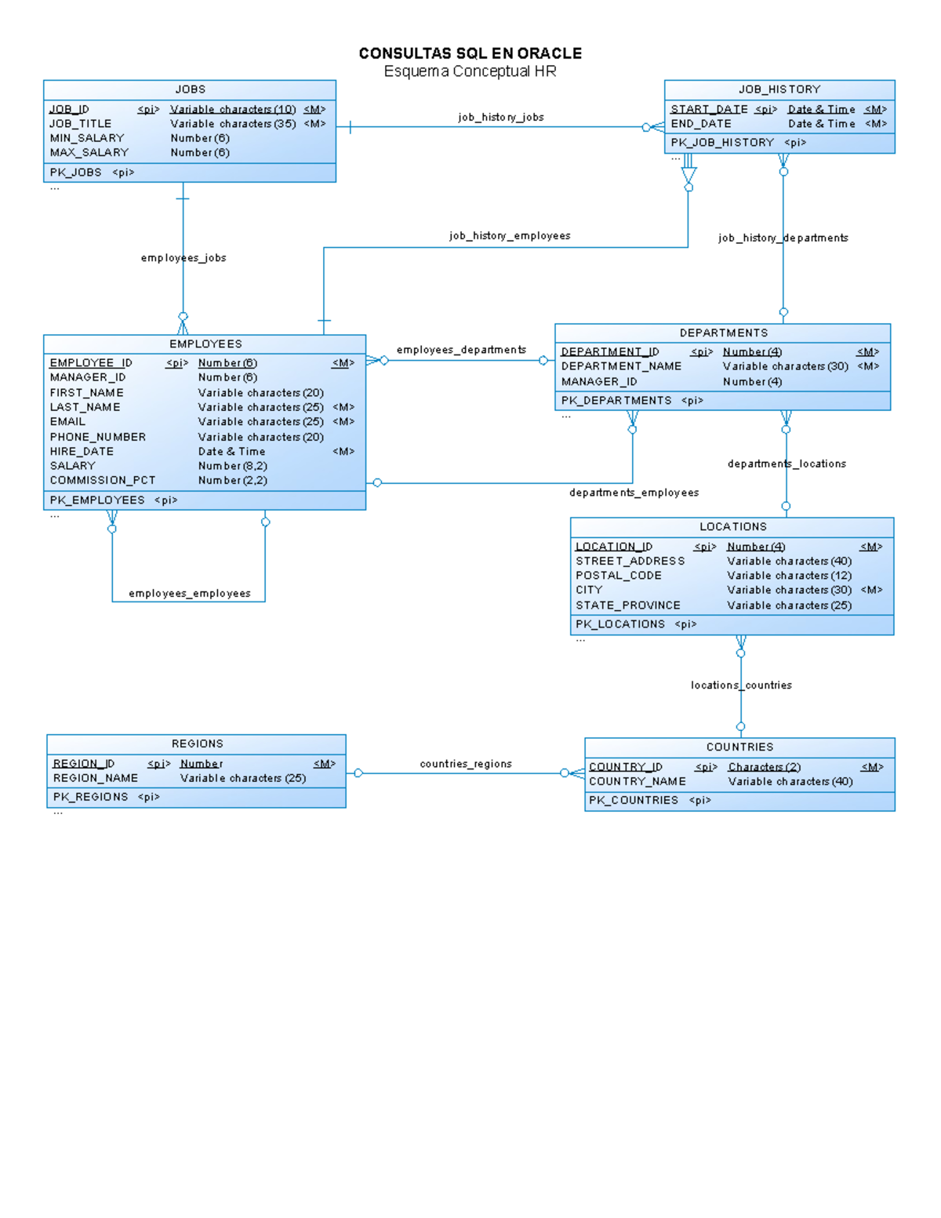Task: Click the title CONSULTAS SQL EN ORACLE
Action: click(x=470, y=53)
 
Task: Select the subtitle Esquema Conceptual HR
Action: click(x=470, y=71)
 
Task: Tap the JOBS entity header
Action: click(x=190, y=89)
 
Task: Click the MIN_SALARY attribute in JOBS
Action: click(x=87, y=138)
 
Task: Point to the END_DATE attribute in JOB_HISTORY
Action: click(x=701, y=124)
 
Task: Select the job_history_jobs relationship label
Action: click(x=500, y=117)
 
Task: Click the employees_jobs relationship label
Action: click(x=183, y=257)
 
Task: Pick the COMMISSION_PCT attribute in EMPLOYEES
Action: click(x=103, y=480)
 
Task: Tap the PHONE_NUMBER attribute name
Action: click(x=98, y=437)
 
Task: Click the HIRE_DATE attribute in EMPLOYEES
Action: click(x=82, y=452)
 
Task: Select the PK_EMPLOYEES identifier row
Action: click(x=97, y=500)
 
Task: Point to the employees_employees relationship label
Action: click(x=190, y=594)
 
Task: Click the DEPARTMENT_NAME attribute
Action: click(x=621, y=366)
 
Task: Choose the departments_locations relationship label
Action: click(x=787, y=464)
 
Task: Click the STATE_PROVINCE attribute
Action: click(x=627, y=605)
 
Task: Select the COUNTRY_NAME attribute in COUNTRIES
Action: click(x=637, y=782)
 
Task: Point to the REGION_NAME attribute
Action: click(x=95, y=778)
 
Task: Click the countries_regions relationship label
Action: click(x=465, y=764)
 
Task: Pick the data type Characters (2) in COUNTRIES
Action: click(x=764, y=767)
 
